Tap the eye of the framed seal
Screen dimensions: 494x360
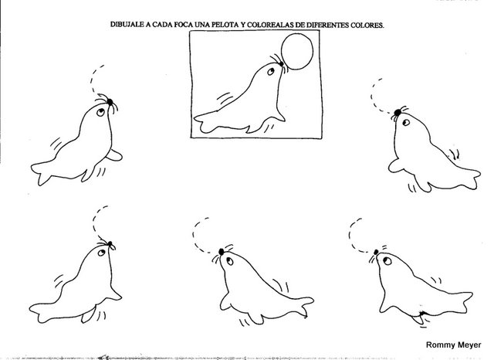[271, 72]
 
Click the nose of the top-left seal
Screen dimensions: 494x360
[110, 102]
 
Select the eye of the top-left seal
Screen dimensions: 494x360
[100, 112]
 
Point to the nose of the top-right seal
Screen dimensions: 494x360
[398, 112]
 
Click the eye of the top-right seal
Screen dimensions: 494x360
[406, 122]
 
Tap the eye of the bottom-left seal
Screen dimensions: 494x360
[101, 253]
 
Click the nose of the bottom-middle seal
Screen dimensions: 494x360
[222, 252]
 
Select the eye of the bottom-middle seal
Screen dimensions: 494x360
[230, 261]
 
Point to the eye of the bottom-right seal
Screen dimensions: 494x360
[387, 260]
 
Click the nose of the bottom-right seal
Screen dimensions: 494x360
[376, 252]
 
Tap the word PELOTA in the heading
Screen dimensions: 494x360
[226, 25]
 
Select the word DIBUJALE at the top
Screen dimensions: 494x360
[127, 25]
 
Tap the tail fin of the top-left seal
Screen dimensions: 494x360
[41, 173]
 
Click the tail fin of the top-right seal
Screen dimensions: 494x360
[471, 179]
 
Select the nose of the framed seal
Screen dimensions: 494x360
[281, 64]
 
